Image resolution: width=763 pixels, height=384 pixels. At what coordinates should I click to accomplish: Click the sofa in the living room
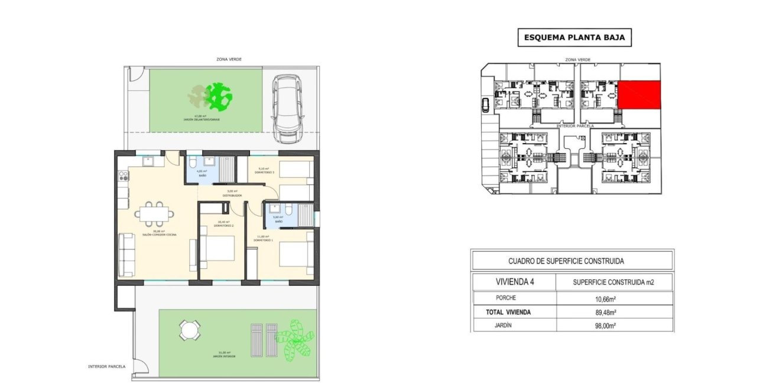click(126, 255)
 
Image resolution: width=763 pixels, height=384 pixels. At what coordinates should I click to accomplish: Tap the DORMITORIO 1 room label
click(263, 240)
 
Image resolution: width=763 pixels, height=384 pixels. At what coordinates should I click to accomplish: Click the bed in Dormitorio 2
click(218, 249)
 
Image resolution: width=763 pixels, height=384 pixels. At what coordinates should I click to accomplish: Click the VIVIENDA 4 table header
click(514, 282)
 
